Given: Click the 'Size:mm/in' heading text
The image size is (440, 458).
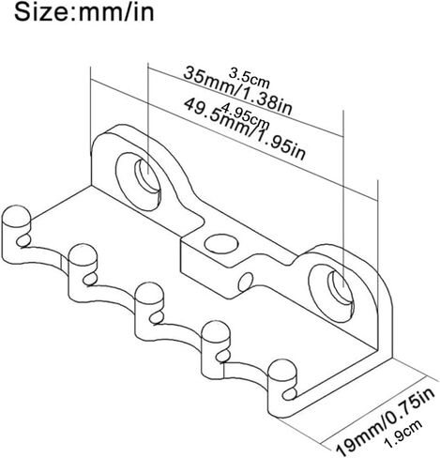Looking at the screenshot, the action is [84, 12].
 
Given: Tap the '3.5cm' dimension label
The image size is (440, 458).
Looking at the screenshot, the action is [249, 78].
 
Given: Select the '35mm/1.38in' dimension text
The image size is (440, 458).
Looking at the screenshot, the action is [237, 91].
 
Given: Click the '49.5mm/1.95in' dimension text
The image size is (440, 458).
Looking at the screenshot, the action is [244, 130].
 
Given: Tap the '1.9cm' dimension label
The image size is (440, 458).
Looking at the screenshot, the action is [403, 434].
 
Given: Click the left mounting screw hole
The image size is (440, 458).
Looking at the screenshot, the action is [147, 176].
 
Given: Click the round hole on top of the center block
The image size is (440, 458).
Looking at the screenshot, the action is [220, 243].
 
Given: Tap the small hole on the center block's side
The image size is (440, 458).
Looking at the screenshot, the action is [246, 282].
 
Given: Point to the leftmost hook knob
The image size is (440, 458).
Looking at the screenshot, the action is [16, 217].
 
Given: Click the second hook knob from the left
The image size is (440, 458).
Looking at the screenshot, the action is [83, 255].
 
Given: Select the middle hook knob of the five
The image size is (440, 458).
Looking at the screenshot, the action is [149, 295].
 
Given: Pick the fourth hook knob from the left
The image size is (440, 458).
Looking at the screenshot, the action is [216, 333].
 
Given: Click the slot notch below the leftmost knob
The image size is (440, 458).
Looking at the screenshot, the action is [23, 241].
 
